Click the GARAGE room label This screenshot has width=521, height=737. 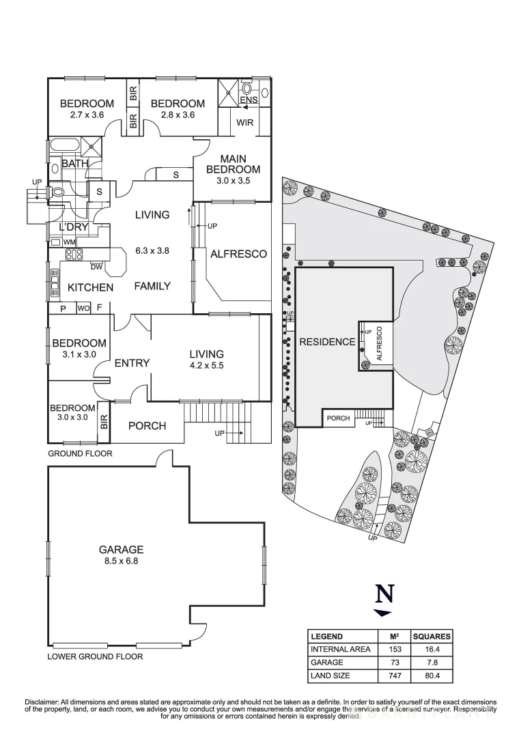[121, 549]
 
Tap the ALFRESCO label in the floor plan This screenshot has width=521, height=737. [238, 254]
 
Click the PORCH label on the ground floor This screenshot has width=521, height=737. [147, 426]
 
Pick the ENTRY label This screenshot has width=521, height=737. [131, 363]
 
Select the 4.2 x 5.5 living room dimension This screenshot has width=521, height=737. [206, 365]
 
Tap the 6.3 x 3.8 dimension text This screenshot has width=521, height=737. [152, 250]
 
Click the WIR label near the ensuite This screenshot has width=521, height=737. [245, 124]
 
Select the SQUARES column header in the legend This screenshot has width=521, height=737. [432, 636]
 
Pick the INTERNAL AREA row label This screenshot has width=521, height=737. [340, 649]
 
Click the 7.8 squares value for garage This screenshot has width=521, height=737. [432, 663]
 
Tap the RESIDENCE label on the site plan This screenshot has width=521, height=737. [327, 343]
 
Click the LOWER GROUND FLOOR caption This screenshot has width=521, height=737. [95, 657]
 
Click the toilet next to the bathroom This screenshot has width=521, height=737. [57, 192]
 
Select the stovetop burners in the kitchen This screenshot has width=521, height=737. [74, 256]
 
